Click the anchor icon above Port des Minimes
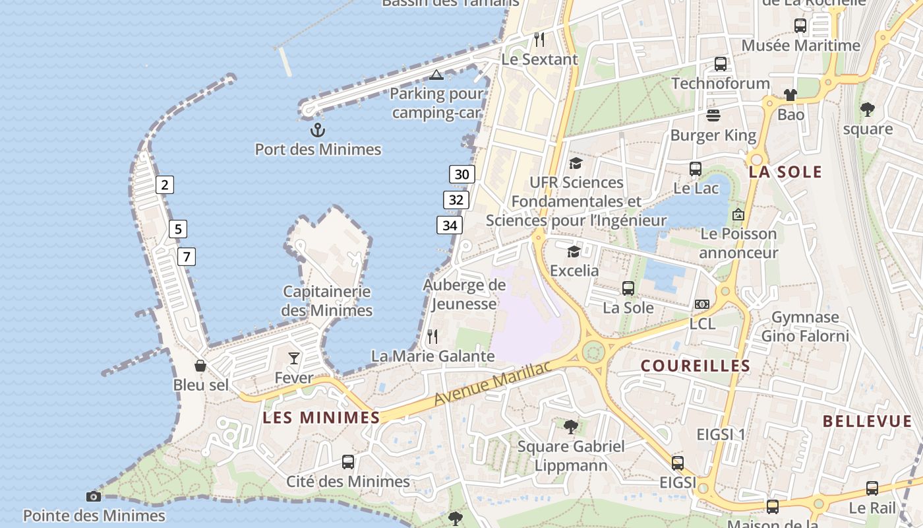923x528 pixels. [x=318, y=130]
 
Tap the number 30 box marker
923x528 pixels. [x=462, y=174]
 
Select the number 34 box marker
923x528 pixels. [x=450, y=225]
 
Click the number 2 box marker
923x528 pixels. [x=165, y=185]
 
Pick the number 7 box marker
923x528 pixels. [x=187, y=256]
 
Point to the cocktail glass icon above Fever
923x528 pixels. [x=294, y=358]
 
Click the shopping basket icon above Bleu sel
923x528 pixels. [x=200, y=366]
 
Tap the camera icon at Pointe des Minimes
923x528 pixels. [x=94, y=496]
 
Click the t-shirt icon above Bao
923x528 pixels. [x=790, y=95]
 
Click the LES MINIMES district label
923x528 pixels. [x=321, y=417]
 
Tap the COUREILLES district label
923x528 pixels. [x=696, y=366]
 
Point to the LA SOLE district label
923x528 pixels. [x=785, y=172]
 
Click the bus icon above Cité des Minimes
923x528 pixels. [x=348, y=462]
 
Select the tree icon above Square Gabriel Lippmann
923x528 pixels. [x=571, y=426]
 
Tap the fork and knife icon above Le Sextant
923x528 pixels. [x=539, y=40]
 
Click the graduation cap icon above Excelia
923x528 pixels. [x=574, y=251]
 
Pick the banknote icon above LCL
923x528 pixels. [x=702, y=304]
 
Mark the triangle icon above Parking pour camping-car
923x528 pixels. [x=436, y=75]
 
